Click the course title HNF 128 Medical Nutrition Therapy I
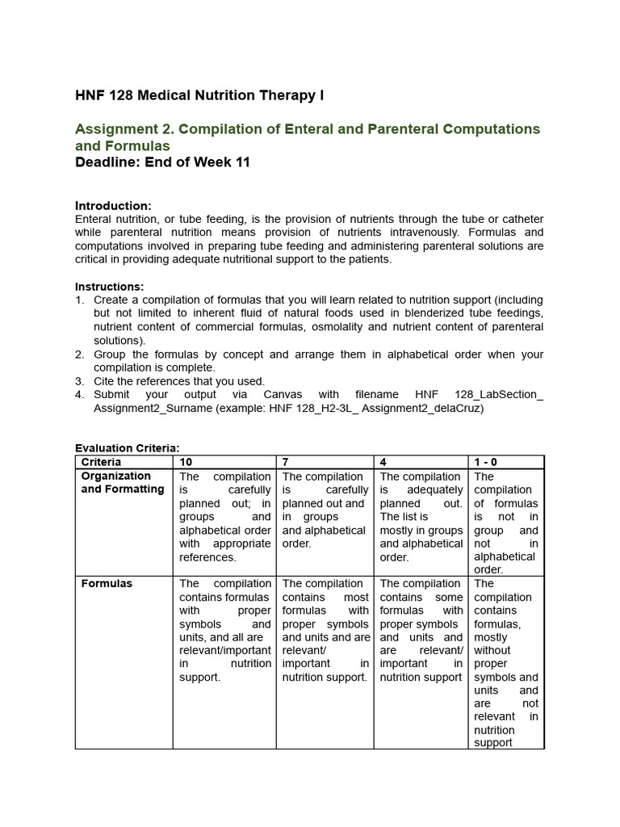(x=199, y=96)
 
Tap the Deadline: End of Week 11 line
(x=162, y=162)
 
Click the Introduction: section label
(x=113, y=206)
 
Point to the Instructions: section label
(x=110, y=287)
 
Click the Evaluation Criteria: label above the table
(x=128, y=448)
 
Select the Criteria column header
(x=102, y=462)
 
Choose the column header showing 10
(x=186, y=462)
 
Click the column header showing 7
(x=286, y=462)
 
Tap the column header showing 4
(x=383, y=462)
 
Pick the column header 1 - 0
(x=486, y=462)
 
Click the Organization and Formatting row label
(x=122, y=483)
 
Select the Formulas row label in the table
(x=107, y=583)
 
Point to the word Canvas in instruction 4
(x=283, y=394)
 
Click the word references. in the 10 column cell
(x=207, y=557)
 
